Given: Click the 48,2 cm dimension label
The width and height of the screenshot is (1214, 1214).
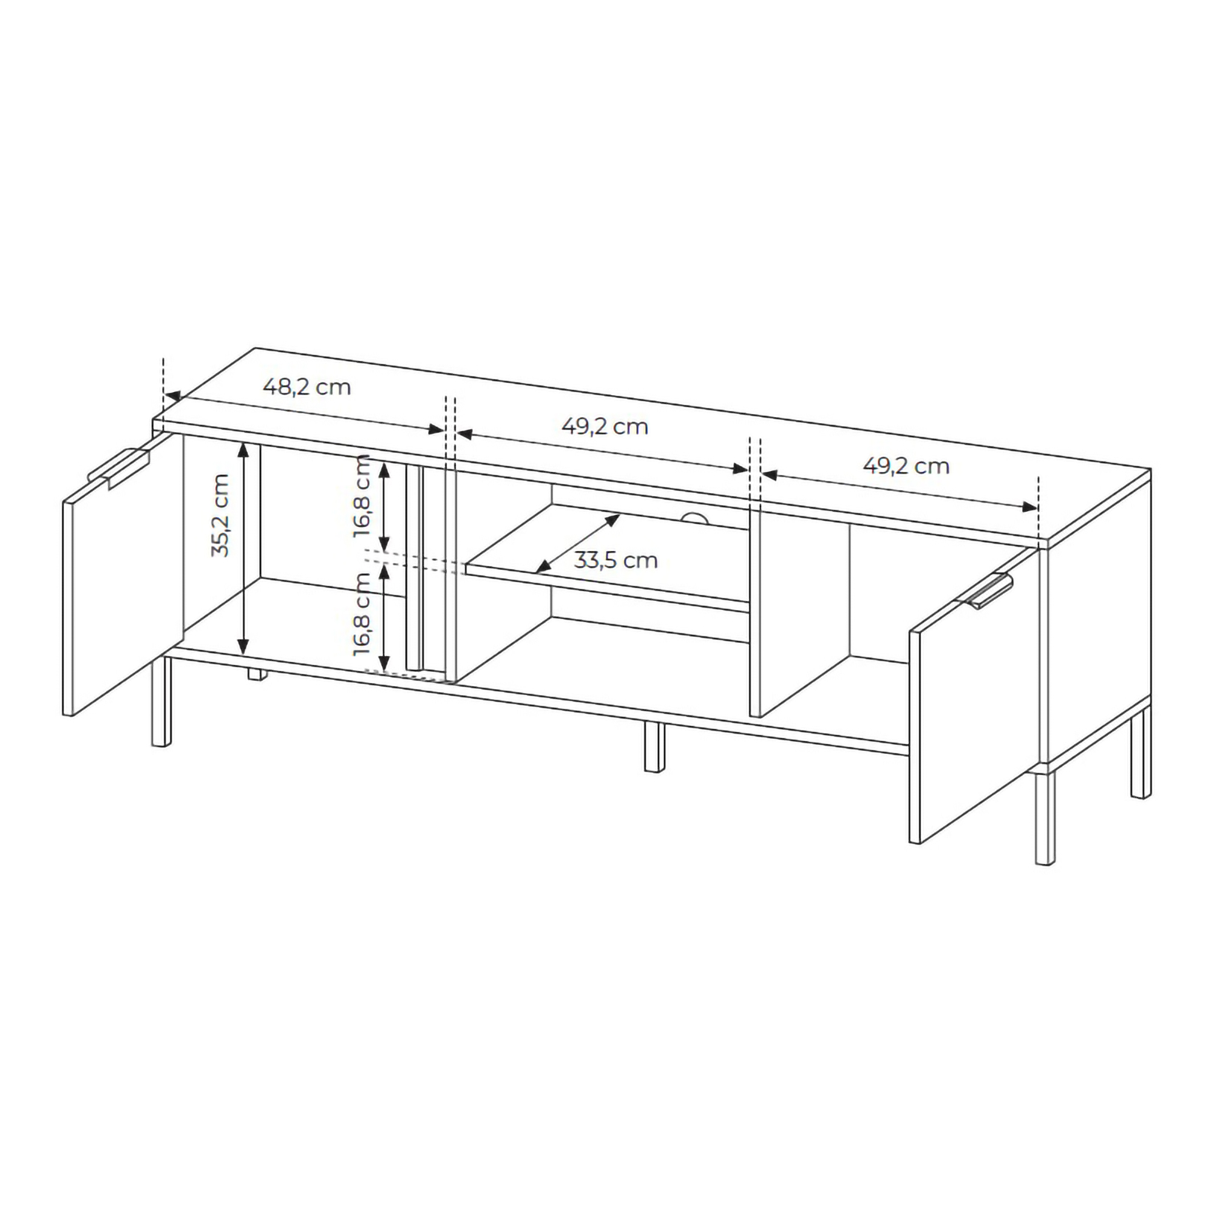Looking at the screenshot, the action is pyautogui.click(x=307, y=387).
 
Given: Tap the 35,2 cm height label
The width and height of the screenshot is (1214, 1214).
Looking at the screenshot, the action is pyautogui.click(x=220, y=515).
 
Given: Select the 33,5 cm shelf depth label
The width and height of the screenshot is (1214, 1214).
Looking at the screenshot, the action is pyautogui.click(x=615, y=560).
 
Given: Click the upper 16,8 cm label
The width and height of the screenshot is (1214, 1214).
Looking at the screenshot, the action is pyautogui.click(x=362, y=496).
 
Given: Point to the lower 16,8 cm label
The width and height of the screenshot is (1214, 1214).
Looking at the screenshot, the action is pyautogui.click(x=362, y=614).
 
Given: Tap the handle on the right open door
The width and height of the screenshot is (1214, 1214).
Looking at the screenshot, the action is pyautogui.click(x=985, y=591).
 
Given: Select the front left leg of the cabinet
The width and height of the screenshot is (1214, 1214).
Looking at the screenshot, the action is pyautogui.click(x=161, y=701).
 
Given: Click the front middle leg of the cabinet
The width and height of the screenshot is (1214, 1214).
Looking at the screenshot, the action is pyautogui.click(x=654, y=747).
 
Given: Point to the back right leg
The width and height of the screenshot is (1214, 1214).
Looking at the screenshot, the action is pyautogui.click(x=1141, y=752).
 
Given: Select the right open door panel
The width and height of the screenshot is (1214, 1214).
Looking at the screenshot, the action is pyautogui.click(x=974, y=696).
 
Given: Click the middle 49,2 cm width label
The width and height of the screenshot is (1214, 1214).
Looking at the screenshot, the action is pyautogui.click(x=605, y=427).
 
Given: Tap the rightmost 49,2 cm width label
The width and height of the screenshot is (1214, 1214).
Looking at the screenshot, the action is pyautogui.click(x=906, y=466).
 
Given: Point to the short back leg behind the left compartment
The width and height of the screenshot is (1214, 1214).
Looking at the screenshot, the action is pyautogui.click(x=256, y=675).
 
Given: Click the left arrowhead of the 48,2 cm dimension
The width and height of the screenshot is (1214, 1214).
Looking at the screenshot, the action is pyautogui.click(x=172, y=396).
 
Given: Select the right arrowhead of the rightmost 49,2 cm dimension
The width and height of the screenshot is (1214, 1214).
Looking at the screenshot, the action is pyautogui.click(x=1029, y=507).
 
